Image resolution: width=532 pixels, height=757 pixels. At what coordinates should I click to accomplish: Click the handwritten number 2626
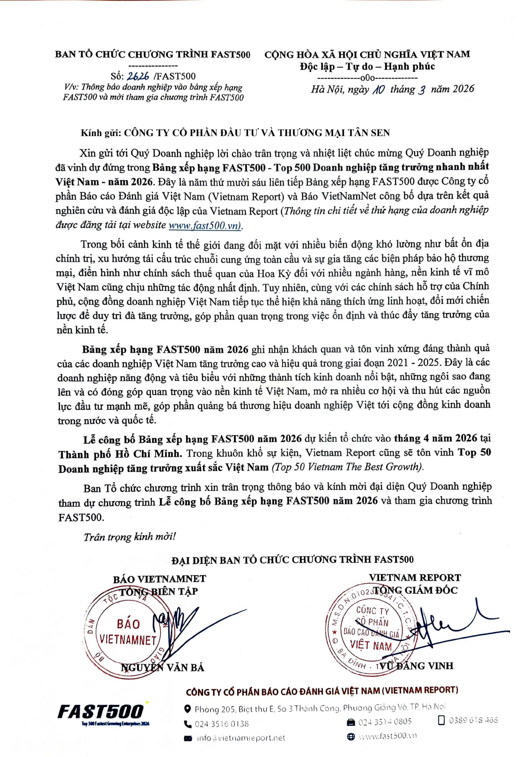[138, 76]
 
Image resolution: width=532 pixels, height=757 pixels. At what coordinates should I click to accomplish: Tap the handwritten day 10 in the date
[377, 90]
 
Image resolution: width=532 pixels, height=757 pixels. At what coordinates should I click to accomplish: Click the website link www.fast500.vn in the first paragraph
[204, 225]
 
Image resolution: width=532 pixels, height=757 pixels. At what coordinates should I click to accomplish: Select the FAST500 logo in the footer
[101, 712]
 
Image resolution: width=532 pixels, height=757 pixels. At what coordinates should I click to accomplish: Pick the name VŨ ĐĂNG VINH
[416, 666]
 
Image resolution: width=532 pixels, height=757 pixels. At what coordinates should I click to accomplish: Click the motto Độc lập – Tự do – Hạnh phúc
[367, 67]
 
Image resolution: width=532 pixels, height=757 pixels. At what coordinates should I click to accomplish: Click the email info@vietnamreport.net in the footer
[240, 738]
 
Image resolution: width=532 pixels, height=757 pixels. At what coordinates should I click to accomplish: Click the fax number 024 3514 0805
[384, 722]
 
